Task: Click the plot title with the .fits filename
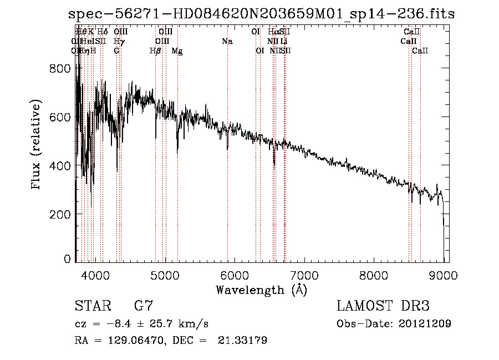coord(261,14)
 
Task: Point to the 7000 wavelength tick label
coord(304,275)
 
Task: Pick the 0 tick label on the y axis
coord(67,259)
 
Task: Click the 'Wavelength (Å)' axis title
coord(261,290)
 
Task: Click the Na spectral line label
coord(227,42)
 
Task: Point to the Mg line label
coord(177,51)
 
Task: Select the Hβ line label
coord(155,51)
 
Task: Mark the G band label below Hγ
coord(116,51)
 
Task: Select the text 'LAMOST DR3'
coord(383,306)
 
